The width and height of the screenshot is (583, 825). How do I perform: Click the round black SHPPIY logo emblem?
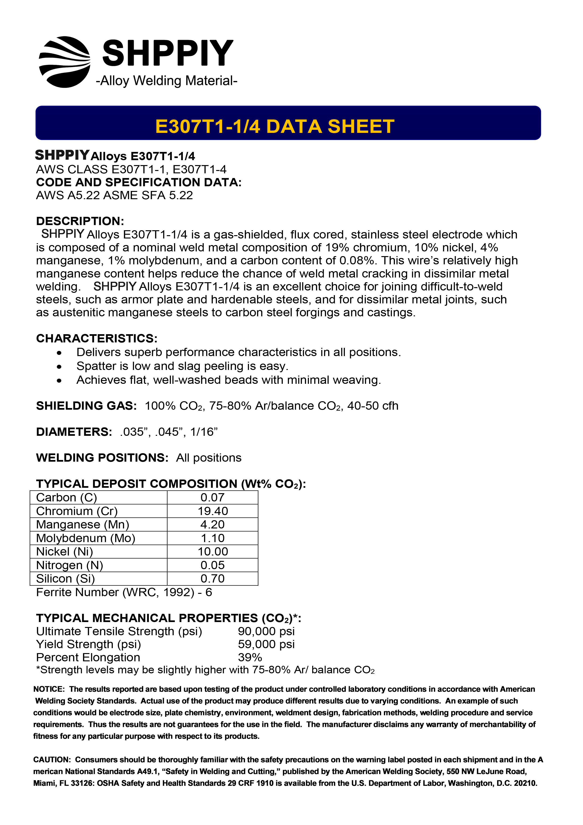(64, 62)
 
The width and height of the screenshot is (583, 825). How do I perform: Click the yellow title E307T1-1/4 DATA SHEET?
(275, 127)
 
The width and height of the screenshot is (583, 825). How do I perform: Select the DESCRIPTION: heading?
(80, 221)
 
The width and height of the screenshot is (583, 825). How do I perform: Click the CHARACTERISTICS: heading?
(97, 338)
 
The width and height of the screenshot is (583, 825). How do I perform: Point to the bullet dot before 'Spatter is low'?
(59, 367)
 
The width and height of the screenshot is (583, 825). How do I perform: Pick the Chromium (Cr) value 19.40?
(213, 511)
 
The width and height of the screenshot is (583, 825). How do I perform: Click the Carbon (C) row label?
(67, 497)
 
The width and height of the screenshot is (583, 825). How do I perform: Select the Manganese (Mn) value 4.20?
(213, 525)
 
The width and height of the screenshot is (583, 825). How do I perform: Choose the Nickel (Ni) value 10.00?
(213, 551)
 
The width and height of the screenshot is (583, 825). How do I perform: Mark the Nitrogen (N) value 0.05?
(213, 565)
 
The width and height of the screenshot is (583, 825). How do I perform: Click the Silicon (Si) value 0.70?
(213, 579)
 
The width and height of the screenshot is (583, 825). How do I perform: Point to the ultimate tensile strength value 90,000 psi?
(266, 631)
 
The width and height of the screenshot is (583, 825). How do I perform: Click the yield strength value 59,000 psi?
(266, 644)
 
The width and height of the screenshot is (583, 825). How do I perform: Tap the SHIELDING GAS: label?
(86, 406)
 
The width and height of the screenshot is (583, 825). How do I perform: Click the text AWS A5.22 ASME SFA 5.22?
(114, 195)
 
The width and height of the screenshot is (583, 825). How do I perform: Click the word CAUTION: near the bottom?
(52, 760)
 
